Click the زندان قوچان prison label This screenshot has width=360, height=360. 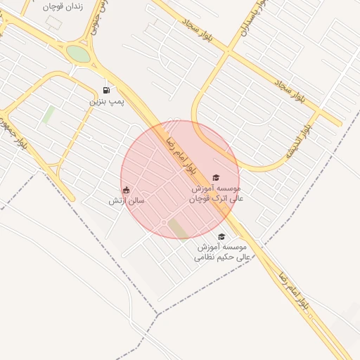[x=63, y=6]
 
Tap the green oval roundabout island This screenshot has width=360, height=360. [x=78, y=54]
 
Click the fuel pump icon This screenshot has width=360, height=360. [x=106, y=90]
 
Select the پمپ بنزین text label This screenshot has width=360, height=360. [x=106, y=102]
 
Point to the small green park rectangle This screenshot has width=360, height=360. [x=48, y=115]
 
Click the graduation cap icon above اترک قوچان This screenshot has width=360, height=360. [x=216, y=177]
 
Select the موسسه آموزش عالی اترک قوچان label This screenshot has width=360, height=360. [x=217, y=193]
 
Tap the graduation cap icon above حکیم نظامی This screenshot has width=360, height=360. [x=221, y=237]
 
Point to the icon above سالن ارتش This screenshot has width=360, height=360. [x=126, y=190]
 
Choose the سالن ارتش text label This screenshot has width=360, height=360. [x=126, y=201]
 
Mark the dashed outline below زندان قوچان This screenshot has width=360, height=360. [x=53, y=20]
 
